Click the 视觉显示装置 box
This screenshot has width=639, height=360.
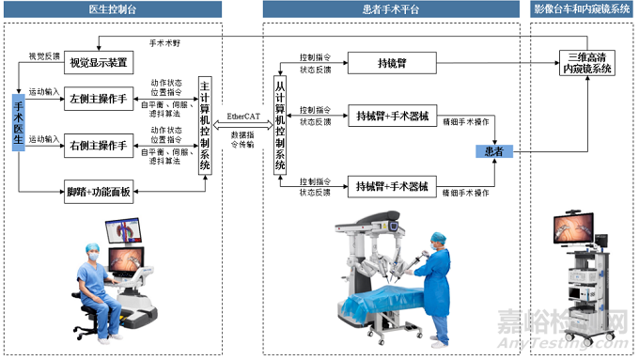point(99,64)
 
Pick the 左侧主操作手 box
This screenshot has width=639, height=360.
point(97,100)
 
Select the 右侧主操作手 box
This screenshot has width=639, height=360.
point(97,146)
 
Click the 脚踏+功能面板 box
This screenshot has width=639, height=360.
point(99,192)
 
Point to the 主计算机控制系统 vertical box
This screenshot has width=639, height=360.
point(205,127)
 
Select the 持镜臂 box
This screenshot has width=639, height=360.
point(392,64)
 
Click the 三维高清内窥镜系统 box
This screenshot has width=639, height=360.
point(585,63)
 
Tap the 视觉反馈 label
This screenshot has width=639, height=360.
point(44,57)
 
